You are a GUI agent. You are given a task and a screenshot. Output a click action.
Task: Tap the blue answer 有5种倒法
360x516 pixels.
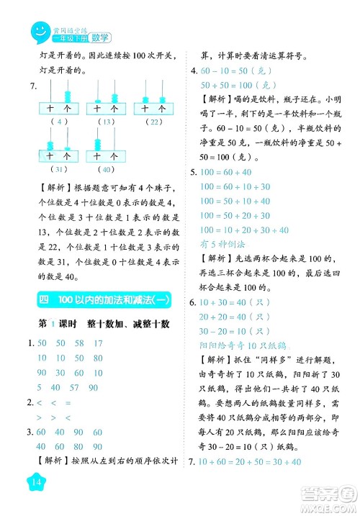coord(222,245)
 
